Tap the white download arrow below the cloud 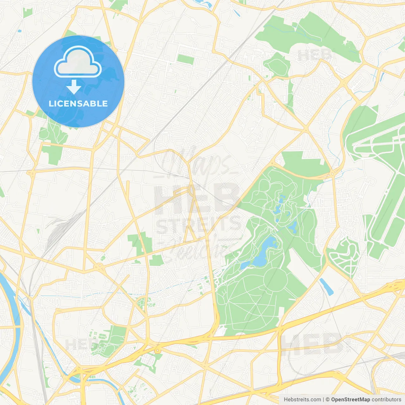coord(74,87)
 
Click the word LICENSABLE coord(78,103)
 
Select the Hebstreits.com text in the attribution coord(302,400)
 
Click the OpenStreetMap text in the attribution coord(351,400)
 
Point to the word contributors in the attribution coord(386,400)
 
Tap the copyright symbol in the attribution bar coord(327,400)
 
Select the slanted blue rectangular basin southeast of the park coord(326,287)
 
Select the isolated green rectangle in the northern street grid coord(185,59)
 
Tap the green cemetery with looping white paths coord(345,256)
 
